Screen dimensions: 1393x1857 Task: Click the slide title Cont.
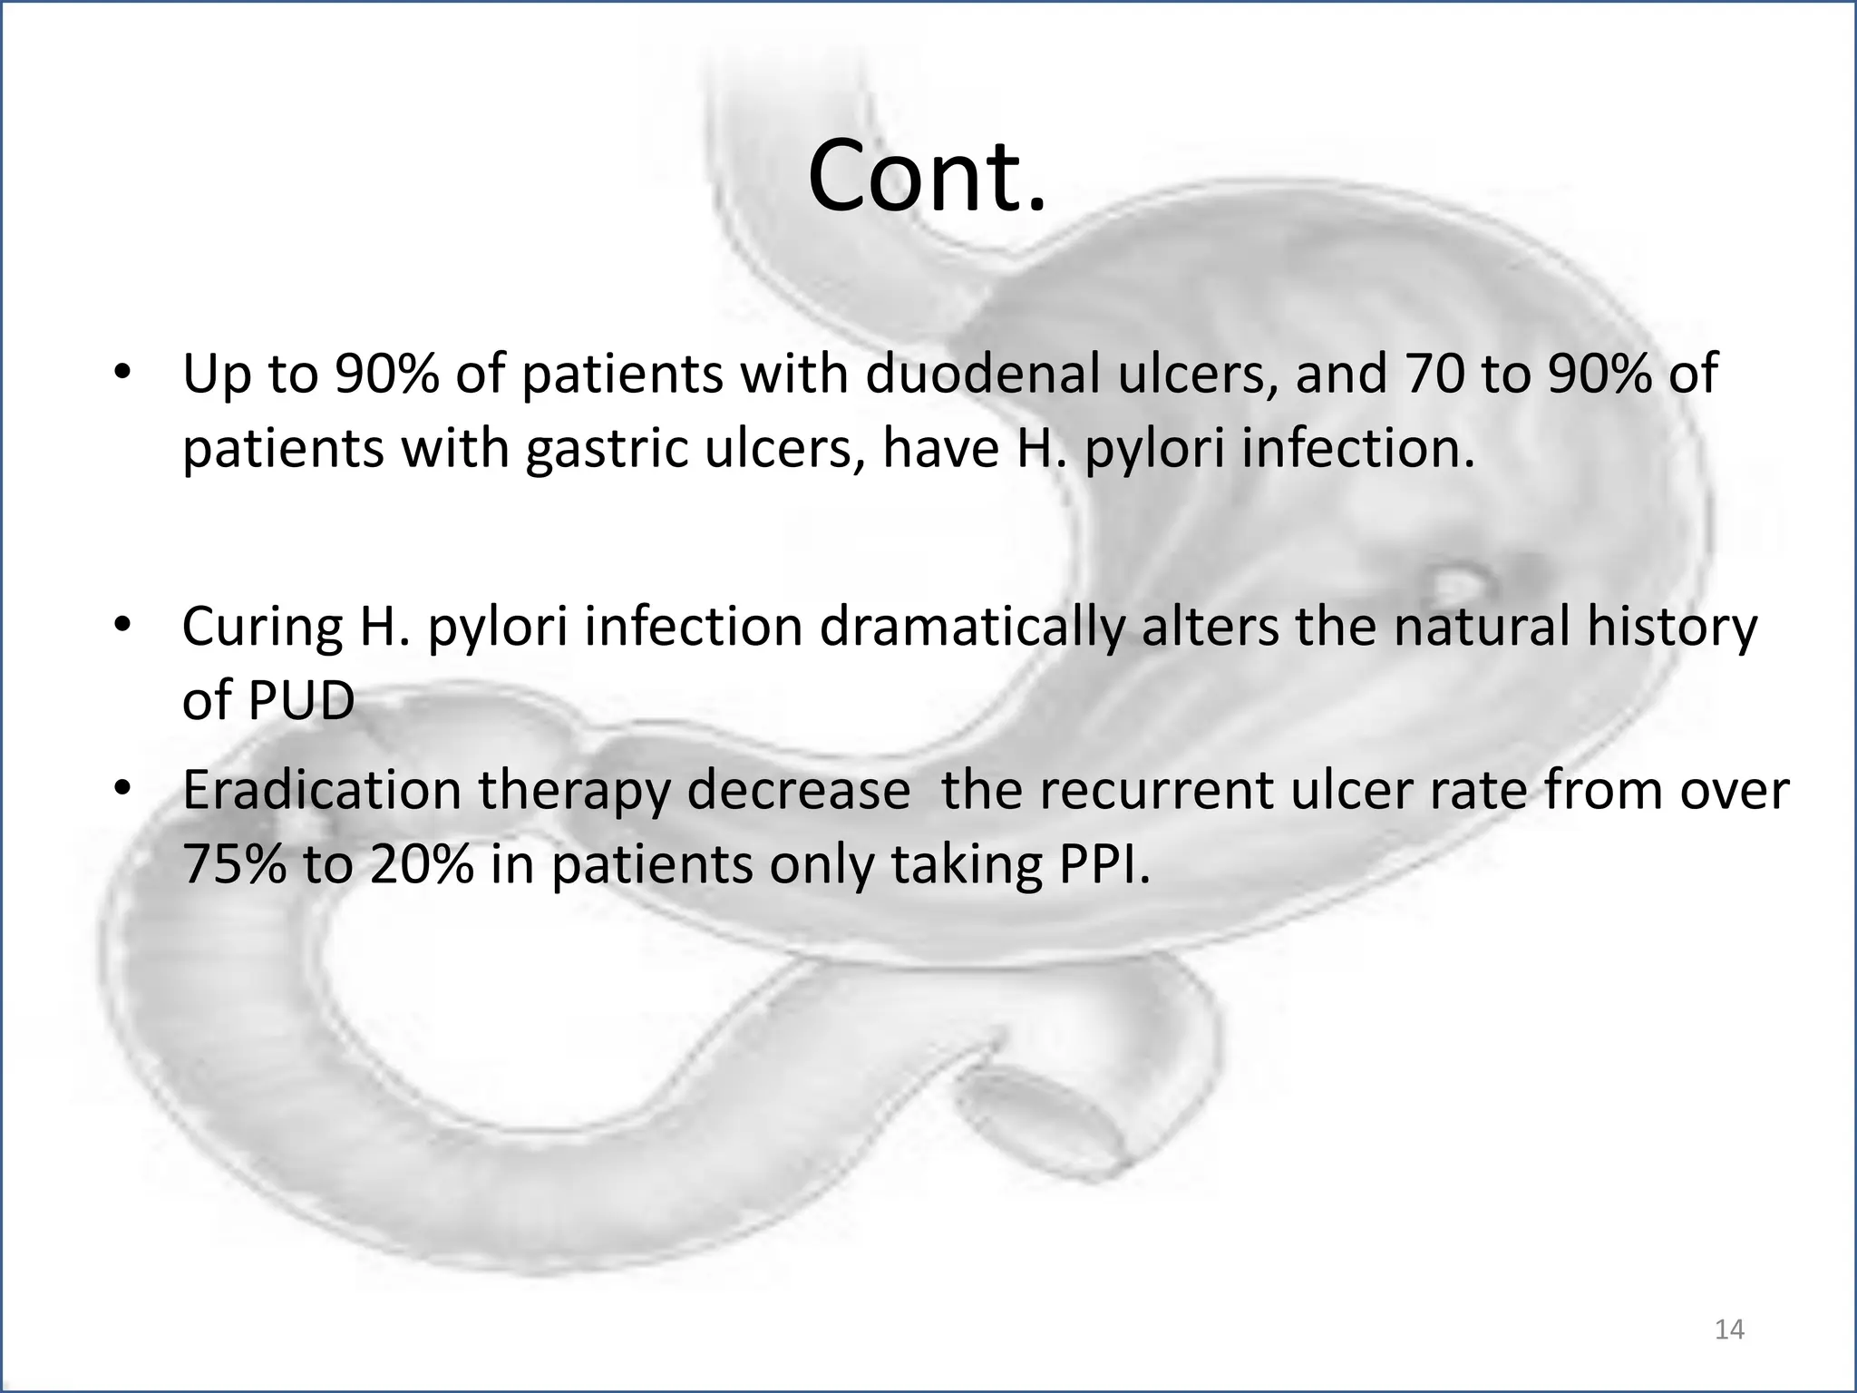(x=927, y=175)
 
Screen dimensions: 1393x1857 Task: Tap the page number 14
(x=1730, y=1330)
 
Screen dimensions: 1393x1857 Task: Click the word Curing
(x=262, y=627)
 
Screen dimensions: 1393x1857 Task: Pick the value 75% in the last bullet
(x=235, y=863)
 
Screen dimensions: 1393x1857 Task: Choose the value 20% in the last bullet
(x=422, y=863)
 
